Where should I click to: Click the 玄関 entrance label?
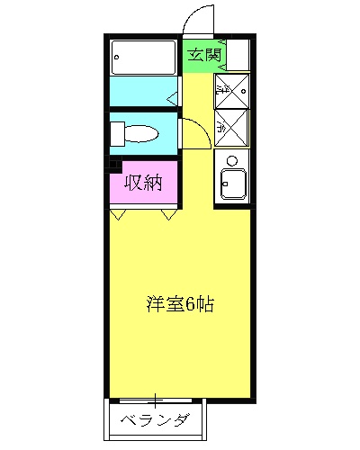click(204, 55)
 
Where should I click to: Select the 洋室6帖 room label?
click(180, 304)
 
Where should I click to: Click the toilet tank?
click(116, 134)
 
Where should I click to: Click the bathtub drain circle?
click(119, 59)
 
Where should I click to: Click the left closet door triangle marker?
click(117, 215)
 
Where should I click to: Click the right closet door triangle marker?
click(168, 215)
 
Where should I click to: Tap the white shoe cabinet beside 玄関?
click(238, 54)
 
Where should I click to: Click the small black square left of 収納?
click(113, 165)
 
